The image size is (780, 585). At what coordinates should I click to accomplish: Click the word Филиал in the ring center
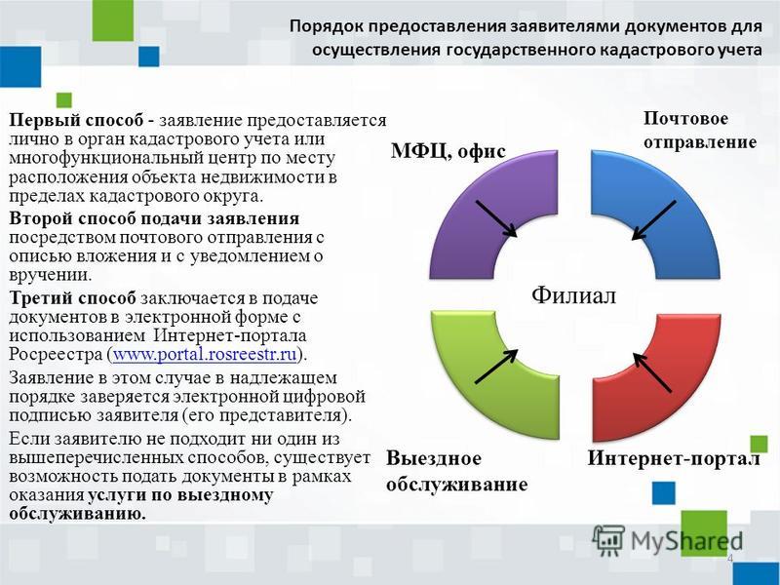(x=573, y=295)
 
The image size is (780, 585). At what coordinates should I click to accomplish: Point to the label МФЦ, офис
(x=448, y=151)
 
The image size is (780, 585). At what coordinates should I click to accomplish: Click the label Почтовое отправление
(x=700, y=131)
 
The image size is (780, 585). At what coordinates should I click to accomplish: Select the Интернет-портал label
(x=674, y=458)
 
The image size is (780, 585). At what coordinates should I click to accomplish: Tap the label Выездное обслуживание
(x=456, y=471)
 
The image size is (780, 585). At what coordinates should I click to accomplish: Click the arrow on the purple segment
(x=496, y=218)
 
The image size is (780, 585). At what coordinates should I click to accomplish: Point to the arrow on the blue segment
(x=653, y=220)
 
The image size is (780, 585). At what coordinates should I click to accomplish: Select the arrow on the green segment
(x=496, y=367)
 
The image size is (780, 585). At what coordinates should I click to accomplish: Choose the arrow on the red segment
(x=652, y=372)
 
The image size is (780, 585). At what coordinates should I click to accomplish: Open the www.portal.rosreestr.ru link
(x=205, y=355)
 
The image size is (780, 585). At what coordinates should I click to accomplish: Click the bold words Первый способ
(x=78, y=121)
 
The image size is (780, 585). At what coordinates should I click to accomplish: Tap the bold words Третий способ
(x=72, y=298)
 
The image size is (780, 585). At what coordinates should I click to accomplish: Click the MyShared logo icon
(x=608, y=540)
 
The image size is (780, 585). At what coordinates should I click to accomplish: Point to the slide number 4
(x=730, y=559)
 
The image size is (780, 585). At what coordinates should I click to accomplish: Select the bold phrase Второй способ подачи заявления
(x=154, y=218)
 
